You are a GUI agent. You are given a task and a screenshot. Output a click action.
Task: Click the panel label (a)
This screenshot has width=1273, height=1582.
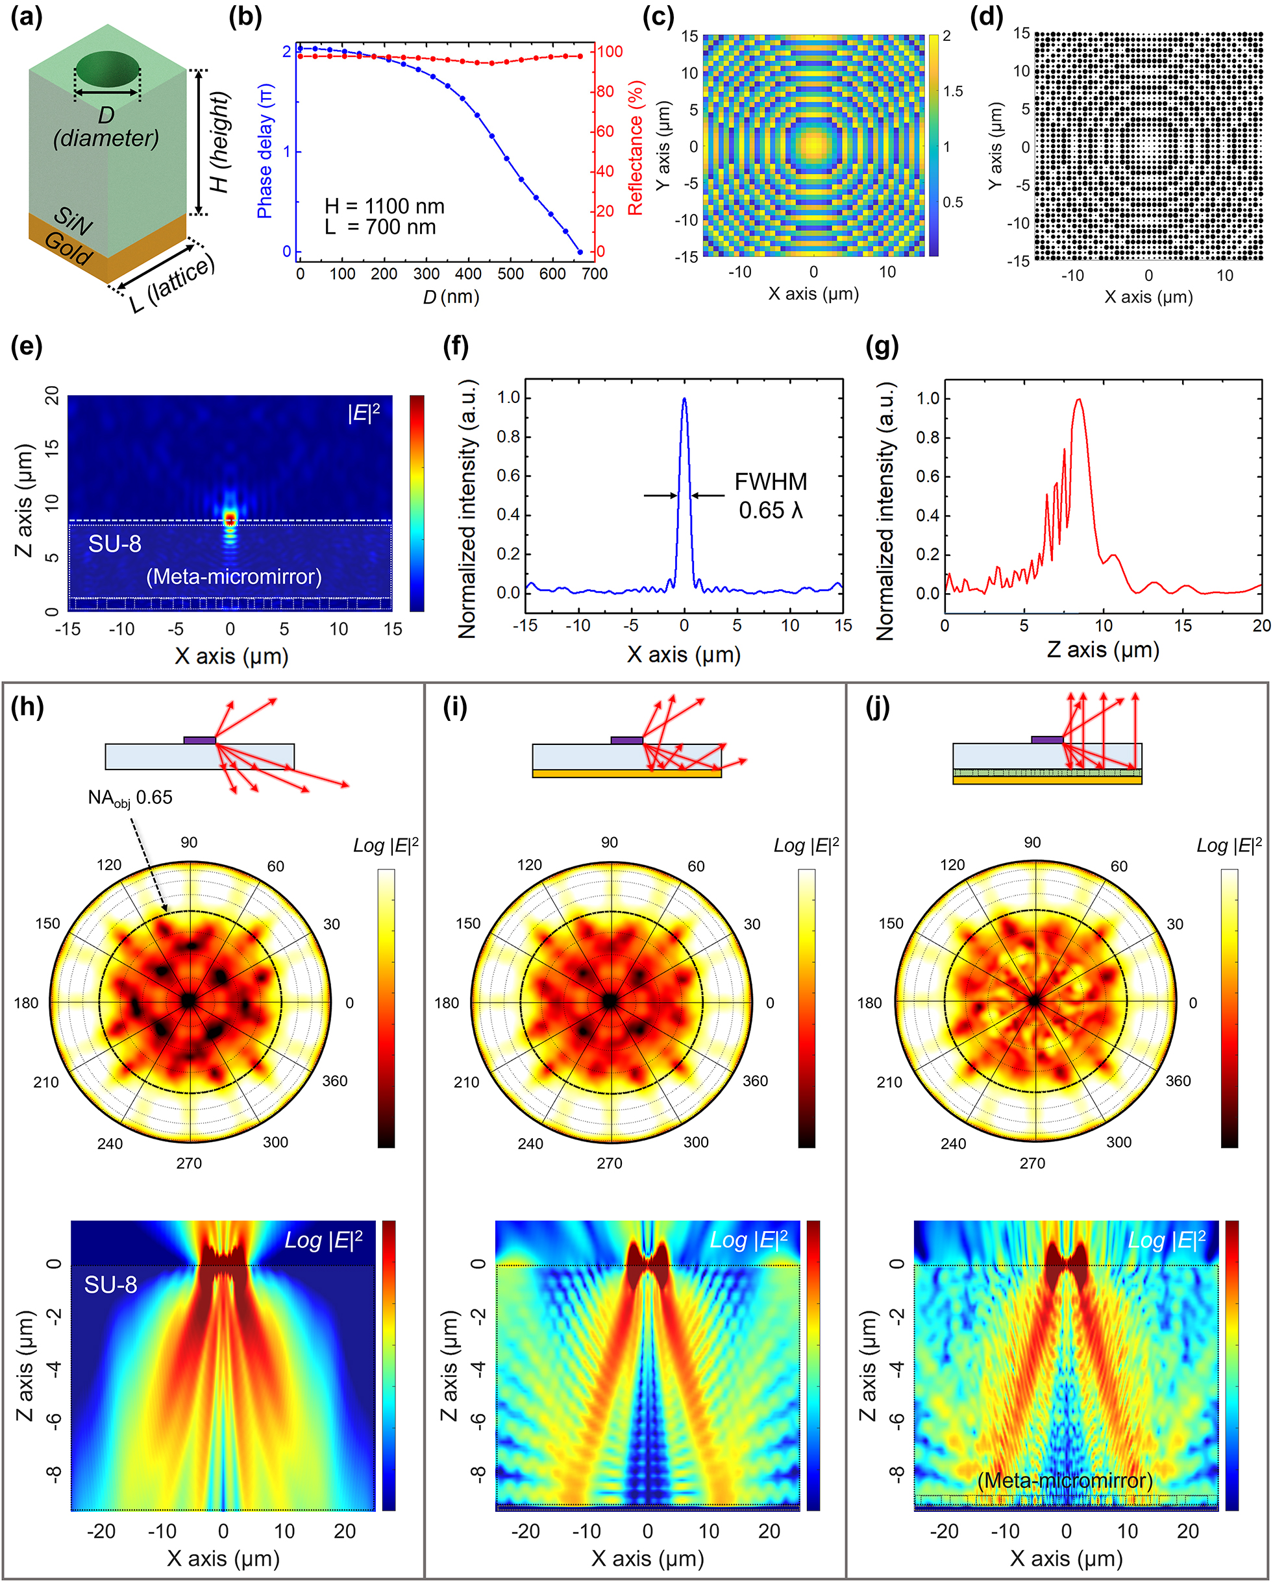(x=27, y=16)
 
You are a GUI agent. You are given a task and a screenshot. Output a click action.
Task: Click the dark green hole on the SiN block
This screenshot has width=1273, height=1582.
(x=107, y=68)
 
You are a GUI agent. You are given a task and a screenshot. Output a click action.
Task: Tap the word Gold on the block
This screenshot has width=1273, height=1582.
(x=68, y=248)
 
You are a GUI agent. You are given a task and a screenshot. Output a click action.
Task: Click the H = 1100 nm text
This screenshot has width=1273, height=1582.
(x=385, y=206)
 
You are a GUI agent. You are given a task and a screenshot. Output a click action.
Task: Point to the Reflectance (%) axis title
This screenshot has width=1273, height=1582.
(x=635, y=148)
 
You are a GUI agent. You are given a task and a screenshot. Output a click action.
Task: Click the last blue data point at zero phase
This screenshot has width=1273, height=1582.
(x=580, y=252)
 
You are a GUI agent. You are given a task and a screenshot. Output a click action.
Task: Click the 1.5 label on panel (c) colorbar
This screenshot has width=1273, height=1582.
(x=953, y=91)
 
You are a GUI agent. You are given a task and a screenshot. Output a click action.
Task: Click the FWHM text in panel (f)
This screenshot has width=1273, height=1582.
(x=771, y=482)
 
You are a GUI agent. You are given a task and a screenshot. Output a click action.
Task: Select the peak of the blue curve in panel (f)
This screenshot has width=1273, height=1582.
(x=684, y=400)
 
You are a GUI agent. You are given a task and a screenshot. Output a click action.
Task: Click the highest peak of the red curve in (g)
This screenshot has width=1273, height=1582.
(x=1078, y=400)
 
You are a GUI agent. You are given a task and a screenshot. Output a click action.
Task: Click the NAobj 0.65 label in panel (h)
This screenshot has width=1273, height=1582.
(x=130, y=797)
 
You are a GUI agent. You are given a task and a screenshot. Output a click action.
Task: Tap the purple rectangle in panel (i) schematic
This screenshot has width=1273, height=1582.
(x=626, y=740)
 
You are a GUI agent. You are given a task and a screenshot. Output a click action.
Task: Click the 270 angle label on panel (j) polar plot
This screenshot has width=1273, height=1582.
(x=1032, y=1163)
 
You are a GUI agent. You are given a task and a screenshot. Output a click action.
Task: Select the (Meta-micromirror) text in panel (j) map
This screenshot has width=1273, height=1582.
(x=1065, y=1480)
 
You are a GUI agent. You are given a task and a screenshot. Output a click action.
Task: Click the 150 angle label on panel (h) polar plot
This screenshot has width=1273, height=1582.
(x=48, y=924)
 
